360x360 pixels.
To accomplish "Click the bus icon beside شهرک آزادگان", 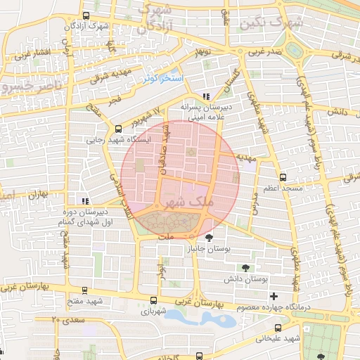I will point(86,16).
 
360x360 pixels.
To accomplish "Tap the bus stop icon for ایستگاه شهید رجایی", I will point(117,129).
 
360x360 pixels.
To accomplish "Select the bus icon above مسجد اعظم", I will point(283,177).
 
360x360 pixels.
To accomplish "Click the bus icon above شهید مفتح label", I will point(85,290).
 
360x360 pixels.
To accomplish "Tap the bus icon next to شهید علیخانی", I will point(278,328).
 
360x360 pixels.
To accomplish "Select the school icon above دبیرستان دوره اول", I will point(85,199).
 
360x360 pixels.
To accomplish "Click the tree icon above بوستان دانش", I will point(245,267).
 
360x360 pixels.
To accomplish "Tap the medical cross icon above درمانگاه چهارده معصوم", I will point(274,296).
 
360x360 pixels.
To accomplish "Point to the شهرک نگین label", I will point(271,23).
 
